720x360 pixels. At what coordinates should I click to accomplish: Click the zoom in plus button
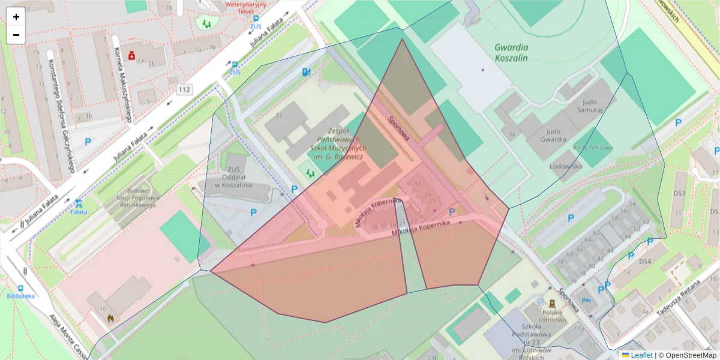16,17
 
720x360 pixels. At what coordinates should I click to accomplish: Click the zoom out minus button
16,35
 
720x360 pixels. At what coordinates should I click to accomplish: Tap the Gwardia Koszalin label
511,52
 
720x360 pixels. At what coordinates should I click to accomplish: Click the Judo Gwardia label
553,135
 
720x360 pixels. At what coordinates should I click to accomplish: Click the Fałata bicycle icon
79,203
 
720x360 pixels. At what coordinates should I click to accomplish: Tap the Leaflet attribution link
637,355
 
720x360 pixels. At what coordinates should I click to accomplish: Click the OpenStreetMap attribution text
688,355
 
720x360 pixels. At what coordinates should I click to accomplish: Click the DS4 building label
645,262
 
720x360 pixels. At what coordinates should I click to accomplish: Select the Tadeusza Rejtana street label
678,298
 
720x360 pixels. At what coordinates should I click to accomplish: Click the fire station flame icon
110,317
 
